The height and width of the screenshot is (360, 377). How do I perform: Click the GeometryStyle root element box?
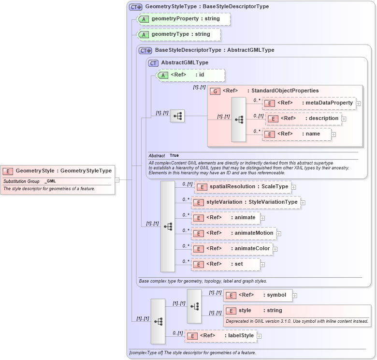pyautogui.click(x=58, y=171)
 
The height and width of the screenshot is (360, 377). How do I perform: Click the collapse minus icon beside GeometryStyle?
pyautogui.click(x=117, y=180)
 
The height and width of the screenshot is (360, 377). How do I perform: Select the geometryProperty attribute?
pyautogui.click(x=184, y=19)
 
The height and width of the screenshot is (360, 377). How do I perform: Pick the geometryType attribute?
pyautogui.click(x=179, y=34)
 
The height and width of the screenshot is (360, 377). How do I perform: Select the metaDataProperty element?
pyautogui.click(x=309, y=103)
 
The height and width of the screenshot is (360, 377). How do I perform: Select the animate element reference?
pyautogui.click(x=226, y=218)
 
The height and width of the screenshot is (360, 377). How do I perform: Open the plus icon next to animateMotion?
pyautogui.click(x=279, y=234)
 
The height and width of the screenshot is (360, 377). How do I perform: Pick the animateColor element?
pyautogui.click(x=232, y=249)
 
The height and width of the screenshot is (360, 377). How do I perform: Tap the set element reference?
pyautogui.click(x=225, y=265)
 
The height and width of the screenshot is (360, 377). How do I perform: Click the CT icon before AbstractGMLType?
pyautogui.click(x=154, y=63)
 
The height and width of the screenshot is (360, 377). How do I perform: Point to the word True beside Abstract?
pyautogui.click(x=174, y=155)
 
